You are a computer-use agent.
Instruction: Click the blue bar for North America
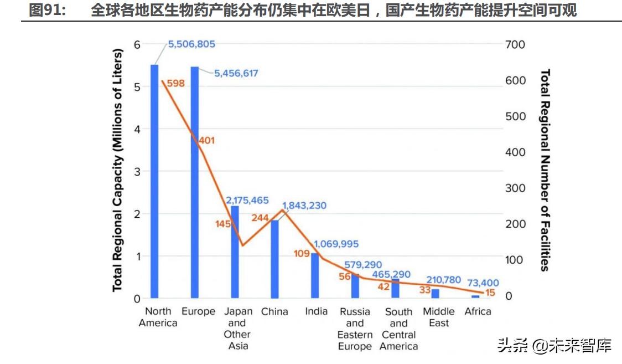154,183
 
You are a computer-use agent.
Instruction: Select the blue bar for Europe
194,183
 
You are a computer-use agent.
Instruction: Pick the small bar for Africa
475,296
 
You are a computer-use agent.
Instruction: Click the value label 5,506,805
191,44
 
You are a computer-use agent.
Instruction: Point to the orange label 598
175,84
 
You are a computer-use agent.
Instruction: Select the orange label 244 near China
260,218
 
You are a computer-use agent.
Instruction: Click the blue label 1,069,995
336,244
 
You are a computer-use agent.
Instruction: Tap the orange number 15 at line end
490,293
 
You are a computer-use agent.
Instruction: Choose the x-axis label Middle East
439,317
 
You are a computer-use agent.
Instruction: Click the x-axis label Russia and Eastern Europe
355,329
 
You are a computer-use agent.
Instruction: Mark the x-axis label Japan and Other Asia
237,329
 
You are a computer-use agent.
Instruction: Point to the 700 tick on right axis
515,44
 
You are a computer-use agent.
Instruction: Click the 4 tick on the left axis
137,129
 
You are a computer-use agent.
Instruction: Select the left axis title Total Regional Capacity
117,172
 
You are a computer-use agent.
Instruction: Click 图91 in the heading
46,11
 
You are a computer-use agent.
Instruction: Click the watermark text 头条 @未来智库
554,346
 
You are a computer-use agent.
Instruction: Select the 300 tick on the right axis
515,188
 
